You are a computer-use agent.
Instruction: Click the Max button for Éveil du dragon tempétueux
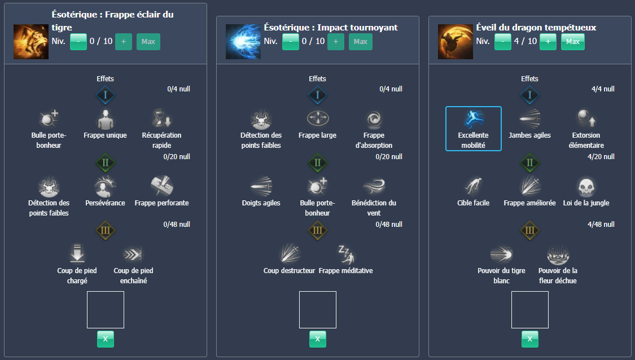(x=572, y=42)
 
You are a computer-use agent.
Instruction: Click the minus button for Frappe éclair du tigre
(x=78, y=42)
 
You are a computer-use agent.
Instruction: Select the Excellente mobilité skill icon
(x=473, y=119)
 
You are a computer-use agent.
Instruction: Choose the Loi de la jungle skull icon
(x=586, y=187)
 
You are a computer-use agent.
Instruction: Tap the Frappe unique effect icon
(x=105, y=119)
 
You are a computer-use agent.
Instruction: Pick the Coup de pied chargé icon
(x=77, y=254)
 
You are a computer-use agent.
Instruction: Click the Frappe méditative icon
(x=345, y=254)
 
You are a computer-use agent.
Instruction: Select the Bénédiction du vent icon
(x=374, y=187)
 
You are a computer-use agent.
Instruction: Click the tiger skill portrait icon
(x=31, y=42)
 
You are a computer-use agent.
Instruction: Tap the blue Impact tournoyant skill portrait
(x=243, y=42)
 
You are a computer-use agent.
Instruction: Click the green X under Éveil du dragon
(x=529, y=339)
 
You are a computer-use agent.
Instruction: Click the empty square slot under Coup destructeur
(x=317, y=309)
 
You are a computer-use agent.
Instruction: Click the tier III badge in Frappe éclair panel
(x=105, y=230)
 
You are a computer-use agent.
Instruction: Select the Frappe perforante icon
(x=161, y=187)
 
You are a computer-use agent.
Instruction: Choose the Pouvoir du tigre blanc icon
(x=501, y=254)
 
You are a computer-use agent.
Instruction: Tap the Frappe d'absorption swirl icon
(x=374, y=119)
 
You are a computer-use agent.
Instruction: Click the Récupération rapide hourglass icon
(x=161, y=119)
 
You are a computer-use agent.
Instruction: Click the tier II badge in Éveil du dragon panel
(x=529, y=163)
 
